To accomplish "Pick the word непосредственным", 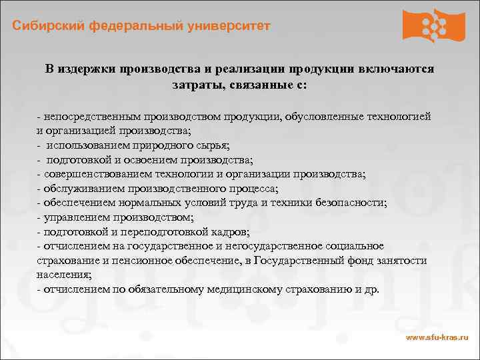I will pos(90,117).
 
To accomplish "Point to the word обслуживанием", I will pos(83,189).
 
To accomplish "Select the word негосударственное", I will pos(258,247).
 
